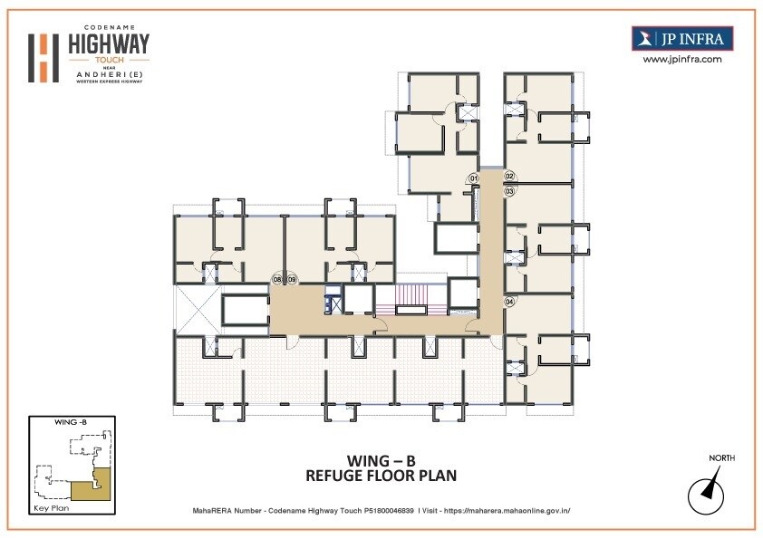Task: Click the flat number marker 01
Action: click(x=473, y=178)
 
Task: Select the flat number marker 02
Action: click(x=509, y=176)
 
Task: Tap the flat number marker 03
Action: click(x=509, y=191)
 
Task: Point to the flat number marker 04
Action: click(x=509, y=301)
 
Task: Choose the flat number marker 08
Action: click(x=278, y=280)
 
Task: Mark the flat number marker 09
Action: click(x=292, y=280)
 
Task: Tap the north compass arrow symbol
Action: click(x=707, y=493)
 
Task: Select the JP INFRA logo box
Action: click(x=681, y=38)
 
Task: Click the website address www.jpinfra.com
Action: click(x=681, y=59)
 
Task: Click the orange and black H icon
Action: click(x=43, y=57)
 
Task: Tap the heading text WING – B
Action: click(x=381, y=459)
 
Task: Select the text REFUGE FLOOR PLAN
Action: click(x=381, y=476)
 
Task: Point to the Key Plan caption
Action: click(x=52, y=509)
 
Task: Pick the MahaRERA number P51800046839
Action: click(x=382, y=511)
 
